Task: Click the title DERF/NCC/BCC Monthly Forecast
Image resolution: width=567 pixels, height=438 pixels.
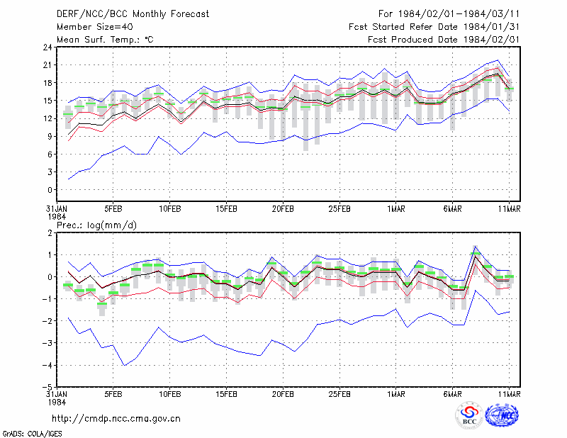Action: (133, 14)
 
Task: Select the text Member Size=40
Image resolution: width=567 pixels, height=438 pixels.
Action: (95, 27)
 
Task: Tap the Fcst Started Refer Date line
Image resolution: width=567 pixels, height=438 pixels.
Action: (434, 27)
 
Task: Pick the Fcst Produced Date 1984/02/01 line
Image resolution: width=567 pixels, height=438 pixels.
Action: (444, 40)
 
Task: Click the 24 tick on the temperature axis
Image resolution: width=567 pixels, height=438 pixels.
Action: (47, 47)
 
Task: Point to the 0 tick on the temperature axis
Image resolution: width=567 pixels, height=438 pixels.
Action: (50, 190)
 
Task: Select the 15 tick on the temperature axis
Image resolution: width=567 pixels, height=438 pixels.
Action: (47, 101)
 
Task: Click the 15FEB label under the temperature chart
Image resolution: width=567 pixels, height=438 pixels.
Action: (226, 209)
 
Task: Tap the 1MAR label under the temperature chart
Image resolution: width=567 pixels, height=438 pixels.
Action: (396, 209)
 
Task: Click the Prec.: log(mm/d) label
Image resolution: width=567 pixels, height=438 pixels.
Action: (96, 225)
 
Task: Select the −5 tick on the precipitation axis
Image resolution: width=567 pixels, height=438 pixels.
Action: (47, 388)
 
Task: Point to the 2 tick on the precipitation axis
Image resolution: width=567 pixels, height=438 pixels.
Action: (50, 233)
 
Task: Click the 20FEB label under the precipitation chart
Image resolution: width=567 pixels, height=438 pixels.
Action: (283, 394)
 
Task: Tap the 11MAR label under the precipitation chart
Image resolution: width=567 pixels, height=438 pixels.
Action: (509, 394)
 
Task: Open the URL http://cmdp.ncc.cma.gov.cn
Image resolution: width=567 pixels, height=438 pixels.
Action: (116, 419)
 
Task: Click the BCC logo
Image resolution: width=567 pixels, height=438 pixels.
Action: (469, 416)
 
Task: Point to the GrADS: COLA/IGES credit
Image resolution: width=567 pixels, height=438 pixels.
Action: (32, 434)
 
